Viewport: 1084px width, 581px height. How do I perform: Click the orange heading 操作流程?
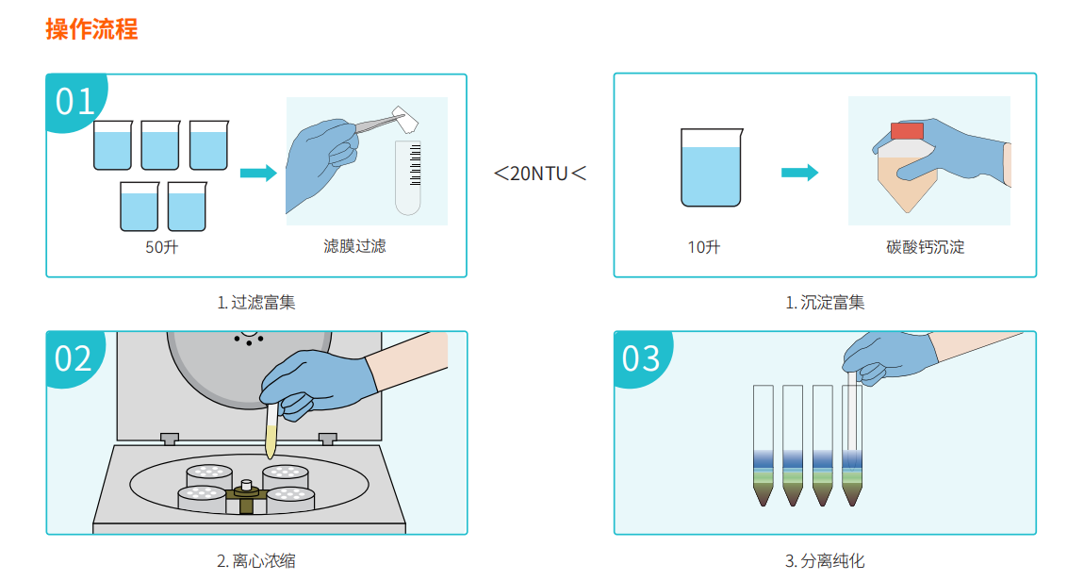click(x=92, y=30)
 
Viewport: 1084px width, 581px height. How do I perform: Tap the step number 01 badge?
click(x=74, y=101)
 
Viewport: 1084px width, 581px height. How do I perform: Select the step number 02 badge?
click(x=74, y=358)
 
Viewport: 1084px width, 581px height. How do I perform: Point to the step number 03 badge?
click(x=641, y=358)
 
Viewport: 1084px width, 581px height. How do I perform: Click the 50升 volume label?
click(x=162, y=247)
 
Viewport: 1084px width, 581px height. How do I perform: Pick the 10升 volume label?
click(x=704, y=247)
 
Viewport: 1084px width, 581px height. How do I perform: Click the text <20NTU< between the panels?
click(x=540, y=173)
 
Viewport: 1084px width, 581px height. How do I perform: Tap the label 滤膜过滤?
click(x=354, y=246)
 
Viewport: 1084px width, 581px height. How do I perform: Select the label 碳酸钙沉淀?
click(x=925, y=247)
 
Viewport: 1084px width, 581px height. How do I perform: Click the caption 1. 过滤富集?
click(x=256, y=302)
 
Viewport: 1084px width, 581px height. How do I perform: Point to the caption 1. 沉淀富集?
click(x=825, y=302)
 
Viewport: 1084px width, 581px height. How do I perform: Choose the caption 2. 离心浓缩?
click(x=256, y=560)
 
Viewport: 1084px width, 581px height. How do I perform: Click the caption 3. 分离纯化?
click(x=825, y=560)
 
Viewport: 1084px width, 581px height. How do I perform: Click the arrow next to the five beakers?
click(x=258, y=173)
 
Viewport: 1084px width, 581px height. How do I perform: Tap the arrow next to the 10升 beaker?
click(x=800, y=173)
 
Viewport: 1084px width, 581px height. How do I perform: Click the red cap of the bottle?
click(x=907, y=131)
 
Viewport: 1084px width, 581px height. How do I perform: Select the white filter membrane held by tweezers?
click(x=405, y=120)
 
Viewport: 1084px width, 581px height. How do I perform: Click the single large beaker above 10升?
click(x=712, y=167)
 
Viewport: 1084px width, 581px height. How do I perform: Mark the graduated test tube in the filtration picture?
click(x=408, y=177)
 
